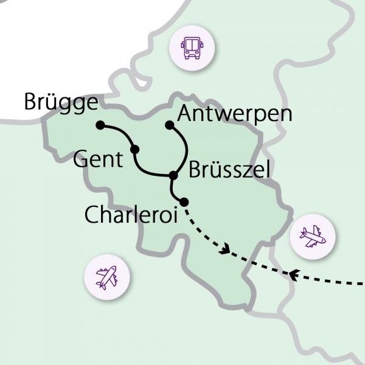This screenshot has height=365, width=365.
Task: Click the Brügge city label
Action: [61, 102]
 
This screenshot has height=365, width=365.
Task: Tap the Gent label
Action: [97, 160]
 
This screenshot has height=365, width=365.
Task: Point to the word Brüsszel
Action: [229, 171]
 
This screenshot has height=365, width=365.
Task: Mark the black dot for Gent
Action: [135, 148]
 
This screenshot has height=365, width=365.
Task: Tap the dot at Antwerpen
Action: [170, 125]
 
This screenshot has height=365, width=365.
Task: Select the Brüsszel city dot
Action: [173, 176]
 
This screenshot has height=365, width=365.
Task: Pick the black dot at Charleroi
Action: [184, 201]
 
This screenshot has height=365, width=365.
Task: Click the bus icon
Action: [192, 46]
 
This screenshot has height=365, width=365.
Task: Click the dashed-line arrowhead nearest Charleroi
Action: [227, 249]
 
